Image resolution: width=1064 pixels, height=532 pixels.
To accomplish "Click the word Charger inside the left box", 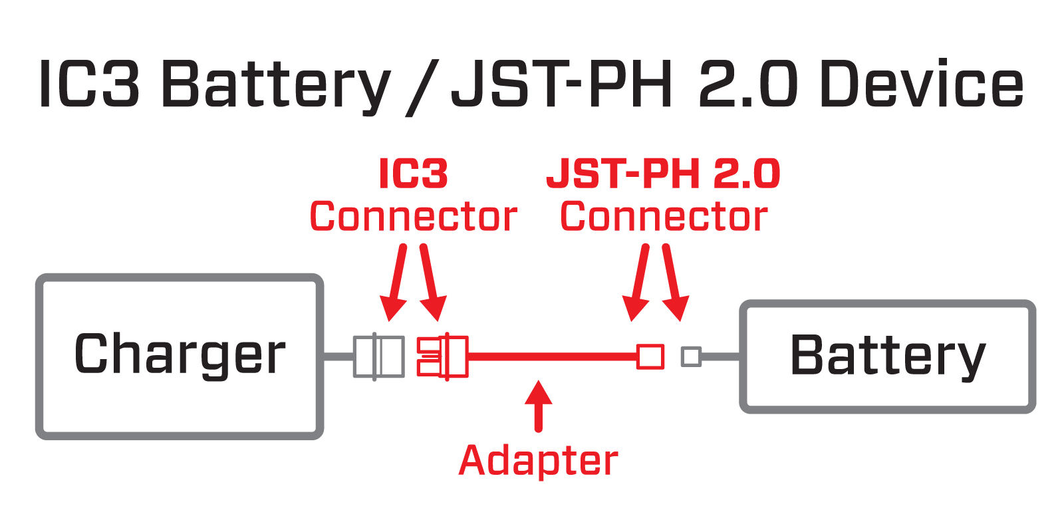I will pyautogui.click(x=180, y=355).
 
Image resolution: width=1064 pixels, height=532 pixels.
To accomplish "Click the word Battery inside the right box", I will pyautogui.click(x=888, y=356).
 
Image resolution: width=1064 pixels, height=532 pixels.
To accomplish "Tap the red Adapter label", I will pyautogui.click(x=538, y=461).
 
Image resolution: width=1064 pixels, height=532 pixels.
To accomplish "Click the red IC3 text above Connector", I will pyautogui.click(x=413, y=174).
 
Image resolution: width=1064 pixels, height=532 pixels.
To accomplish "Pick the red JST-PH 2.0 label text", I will pyautogui.click(x=663, y=174).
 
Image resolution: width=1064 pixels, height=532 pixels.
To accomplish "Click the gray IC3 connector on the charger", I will pyautogui.click(x=378, y=357).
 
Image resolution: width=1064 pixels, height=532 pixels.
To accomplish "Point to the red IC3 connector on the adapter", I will pyautogui.click(x=442, y=357).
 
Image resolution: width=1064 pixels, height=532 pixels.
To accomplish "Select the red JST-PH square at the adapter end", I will pyautogui.click(x=650, y=356).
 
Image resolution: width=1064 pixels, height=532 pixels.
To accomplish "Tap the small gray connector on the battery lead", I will pyautogui.click(x=691, y=356).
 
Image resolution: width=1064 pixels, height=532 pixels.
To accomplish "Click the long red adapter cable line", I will pyautogui.click(x=552, y=357).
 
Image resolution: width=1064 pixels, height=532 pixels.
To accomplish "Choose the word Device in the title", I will pyautogui.click(x=922, y=84).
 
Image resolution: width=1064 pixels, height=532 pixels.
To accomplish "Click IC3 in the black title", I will pyautogui.click(x=90, y=84).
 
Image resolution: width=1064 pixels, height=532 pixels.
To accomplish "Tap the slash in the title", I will pyautogui.click(x=422, y=86).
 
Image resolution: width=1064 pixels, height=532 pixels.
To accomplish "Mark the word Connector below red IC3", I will pyautogui.click(x=413, y=217).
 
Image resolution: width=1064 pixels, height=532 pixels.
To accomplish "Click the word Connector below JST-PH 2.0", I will pyautogui.click(x=664, y=217).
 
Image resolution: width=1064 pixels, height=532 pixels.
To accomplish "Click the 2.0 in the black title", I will pyautogui.click(x=748, y=84).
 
